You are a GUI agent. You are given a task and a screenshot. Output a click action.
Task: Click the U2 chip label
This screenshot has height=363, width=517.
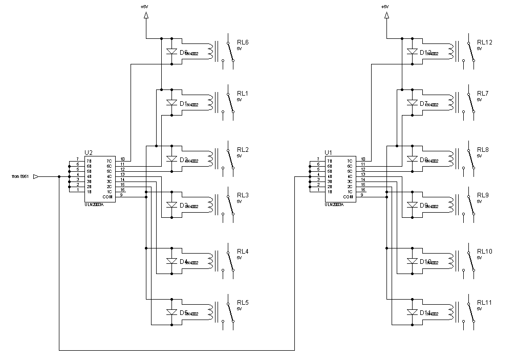(x=88, y=152)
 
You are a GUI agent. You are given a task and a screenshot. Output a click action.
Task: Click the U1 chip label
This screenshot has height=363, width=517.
(x=328, y=152)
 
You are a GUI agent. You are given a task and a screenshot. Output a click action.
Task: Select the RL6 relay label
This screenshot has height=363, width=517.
(x=243, y=42)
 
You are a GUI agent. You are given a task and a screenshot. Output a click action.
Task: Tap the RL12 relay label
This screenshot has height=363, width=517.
(x=484, y=42)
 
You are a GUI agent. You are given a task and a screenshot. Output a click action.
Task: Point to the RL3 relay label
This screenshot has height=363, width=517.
(x=243, y=195)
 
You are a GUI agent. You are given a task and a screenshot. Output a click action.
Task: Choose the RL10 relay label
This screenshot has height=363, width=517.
(x=484, y=252)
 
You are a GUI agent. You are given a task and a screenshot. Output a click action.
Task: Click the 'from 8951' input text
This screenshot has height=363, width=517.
(x=20, y=177)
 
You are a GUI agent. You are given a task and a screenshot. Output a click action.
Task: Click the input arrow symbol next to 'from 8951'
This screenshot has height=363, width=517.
(x=36, y=177)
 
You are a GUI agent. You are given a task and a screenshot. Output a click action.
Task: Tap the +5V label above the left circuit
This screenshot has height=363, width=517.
(x=145, y=7)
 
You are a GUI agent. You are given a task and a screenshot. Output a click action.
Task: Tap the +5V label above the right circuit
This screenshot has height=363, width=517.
(x=385, y=7)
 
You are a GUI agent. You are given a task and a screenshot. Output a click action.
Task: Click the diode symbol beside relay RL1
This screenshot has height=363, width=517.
(x=171, y=103)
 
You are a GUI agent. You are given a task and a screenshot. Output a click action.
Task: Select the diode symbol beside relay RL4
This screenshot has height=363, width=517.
(x=171, y=261)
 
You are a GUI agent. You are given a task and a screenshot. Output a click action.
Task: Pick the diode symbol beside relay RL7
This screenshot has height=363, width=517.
(x=412, y=103)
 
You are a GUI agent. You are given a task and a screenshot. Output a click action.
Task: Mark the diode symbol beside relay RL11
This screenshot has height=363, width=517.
(x=412, y=312)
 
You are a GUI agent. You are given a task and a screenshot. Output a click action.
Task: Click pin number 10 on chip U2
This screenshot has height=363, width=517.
(x=122, y=159)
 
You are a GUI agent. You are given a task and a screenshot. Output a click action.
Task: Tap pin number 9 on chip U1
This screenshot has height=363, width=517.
(x=363, y=195)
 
